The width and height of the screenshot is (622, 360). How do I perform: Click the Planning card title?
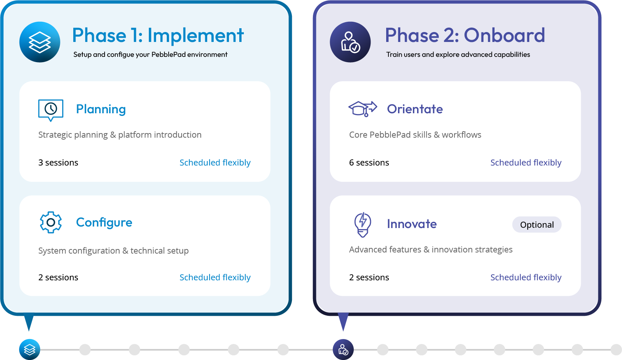point(101,109)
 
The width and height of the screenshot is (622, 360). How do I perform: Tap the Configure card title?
point(104,222)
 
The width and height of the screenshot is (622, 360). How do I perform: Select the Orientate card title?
point(415,109)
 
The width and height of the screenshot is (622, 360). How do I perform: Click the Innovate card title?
point(412,224)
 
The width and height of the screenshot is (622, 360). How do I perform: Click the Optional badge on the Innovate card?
point(537,225)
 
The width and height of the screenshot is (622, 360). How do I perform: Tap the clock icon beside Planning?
point(51,110)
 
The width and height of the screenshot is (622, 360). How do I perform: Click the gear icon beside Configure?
point(51,222)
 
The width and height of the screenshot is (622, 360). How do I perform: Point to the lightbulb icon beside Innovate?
point(363,224)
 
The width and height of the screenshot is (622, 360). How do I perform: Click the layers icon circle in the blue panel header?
point(40,42)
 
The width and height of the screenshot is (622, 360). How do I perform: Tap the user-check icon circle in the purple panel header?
point(350,42)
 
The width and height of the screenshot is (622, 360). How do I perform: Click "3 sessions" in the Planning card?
point(58,163)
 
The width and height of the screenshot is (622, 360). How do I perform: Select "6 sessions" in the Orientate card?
point(369,163)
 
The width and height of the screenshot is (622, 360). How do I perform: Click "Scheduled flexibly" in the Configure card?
point(215,277)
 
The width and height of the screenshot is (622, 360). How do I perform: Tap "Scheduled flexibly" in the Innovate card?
point(526,277)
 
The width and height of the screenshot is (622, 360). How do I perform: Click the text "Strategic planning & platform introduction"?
point(120,135)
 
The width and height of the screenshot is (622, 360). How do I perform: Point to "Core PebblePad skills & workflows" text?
point(415,135)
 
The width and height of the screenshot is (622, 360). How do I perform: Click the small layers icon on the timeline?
point(29,349)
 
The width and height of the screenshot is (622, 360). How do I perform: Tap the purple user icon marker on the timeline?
point(343,349)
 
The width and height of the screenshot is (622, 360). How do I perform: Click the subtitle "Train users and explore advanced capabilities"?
point(458,55)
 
